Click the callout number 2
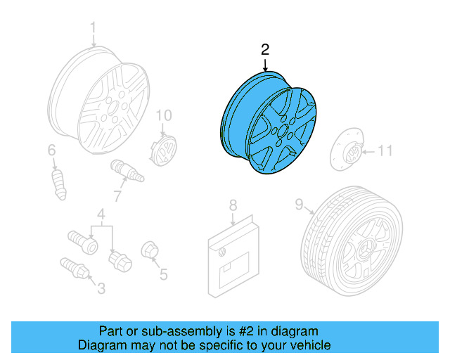click(x=264, y=49)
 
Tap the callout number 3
click(x=101, y=287)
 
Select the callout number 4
click(x=101, y=214)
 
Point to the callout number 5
click(x=163, y=274)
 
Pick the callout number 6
click(x=51, y=150)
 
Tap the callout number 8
click(x=233, y=205)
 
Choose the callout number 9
click(x=298, y=205)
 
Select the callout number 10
click(x=163, y=115)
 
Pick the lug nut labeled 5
click(x=149, y=250)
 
